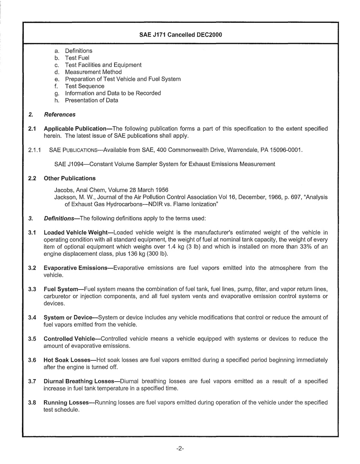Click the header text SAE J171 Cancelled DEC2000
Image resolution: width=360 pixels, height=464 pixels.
[x=180, y=35]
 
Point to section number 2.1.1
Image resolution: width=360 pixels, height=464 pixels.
[x=35, y=150]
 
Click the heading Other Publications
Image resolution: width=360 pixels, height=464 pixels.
[x=70, y=178]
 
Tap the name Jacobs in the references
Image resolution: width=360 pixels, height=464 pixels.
[x=64, y=190]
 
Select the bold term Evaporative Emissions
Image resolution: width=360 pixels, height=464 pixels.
[x=76, y=268]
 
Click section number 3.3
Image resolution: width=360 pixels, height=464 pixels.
[x=32, y=289]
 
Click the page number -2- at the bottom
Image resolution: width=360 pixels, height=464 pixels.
[x=180, y=449]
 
